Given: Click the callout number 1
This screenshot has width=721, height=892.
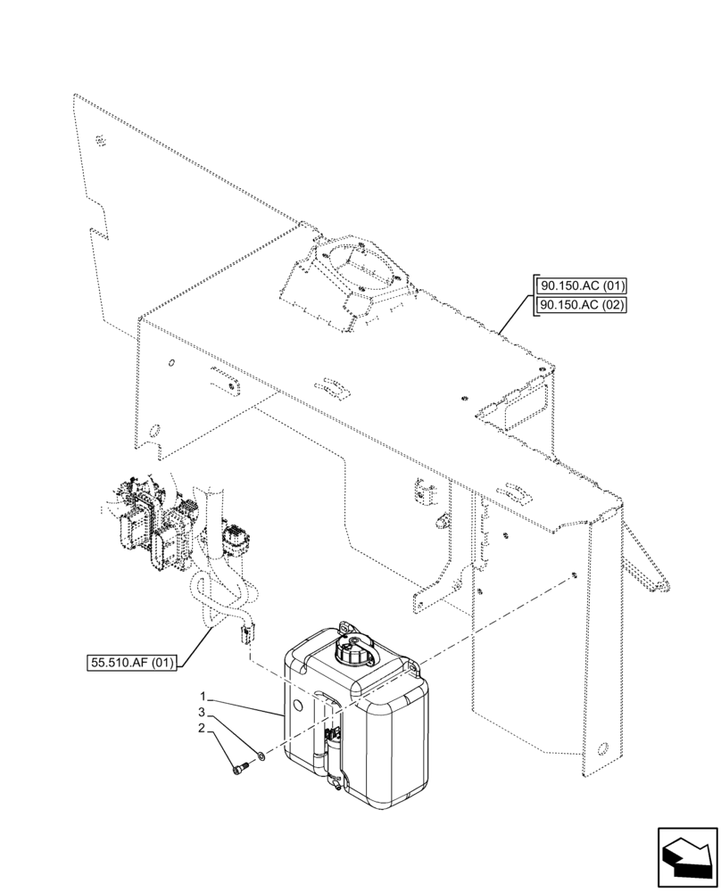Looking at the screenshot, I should coord(204,696).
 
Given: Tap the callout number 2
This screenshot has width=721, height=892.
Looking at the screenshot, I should coord(204,728).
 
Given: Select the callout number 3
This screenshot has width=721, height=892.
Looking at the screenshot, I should coord(204,712).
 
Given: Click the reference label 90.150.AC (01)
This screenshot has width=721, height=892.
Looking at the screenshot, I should coord(582,286).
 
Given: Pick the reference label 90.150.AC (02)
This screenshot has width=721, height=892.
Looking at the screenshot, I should coord(582,306).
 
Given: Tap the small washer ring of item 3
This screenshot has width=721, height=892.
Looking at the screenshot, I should coord(260,756).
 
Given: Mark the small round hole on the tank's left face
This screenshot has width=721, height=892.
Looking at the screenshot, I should coord(298,705).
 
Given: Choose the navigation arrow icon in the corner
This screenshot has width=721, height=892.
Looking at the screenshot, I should coord(686,857).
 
